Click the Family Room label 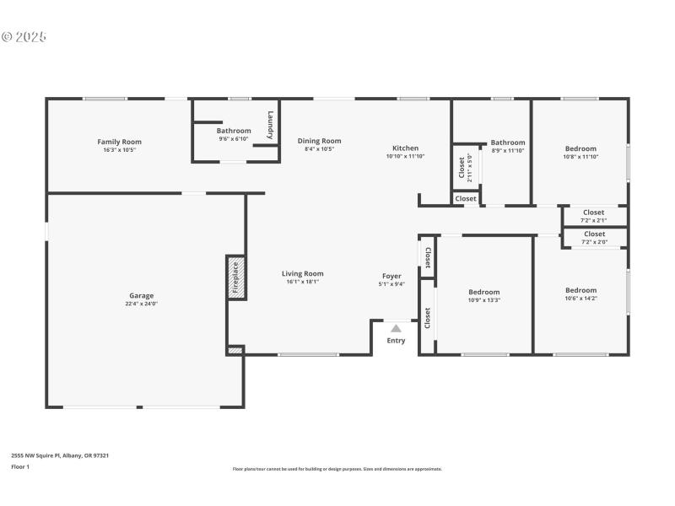[119, 142]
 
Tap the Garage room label [141, 295]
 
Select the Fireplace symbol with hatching [235, 277]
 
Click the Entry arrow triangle [396, 329]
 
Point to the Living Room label [302, 273]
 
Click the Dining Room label [319, 141]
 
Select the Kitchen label [405, 148]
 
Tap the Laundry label [270, 125]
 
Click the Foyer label [391, 276]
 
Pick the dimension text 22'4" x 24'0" [141, 304]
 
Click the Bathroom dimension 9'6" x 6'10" [234, 138]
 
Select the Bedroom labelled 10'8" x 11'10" [580, 148]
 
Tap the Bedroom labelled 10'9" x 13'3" [484, 292]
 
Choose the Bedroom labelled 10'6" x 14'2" [580, 290]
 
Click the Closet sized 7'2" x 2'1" [594, 213]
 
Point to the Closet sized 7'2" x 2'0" [594, 234]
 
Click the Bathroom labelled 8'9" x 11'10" [508, 143]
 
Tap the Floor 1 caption [20, 466]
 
